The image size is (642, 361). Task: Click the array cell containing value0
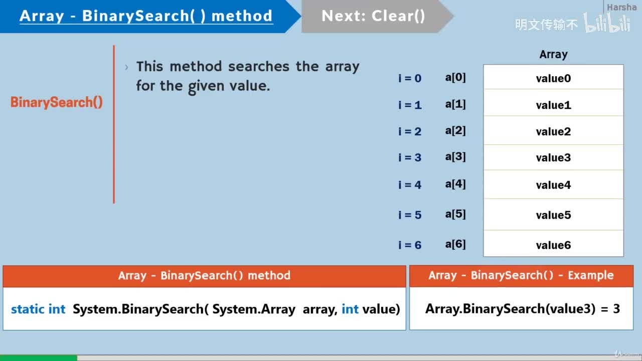click(553, 78)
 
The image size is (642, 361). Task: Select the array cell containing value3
click(553, 158)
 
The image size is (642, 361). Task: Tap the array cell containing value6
click(553, 245)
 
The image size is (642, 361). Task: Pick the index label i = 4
click(410, 185)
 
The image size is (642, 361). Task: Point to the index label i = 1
click(410, 105)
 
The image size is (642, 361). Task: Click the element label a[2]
click(455, 131)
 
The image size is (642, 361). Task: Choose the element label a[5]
click(455, 215)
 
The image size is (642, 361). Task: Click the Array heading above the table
click(553, 55)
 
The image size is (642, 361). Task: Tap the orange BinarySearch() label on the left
click(57, 102)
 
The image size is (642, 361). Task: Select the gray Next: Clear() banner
click(374, 16)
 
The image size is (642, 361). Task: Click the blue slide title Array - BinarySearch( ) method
click(146, 16)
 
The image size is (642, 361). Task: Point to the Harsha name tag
click(621, 8)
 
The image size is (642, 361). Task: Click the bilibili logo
click(607, 24)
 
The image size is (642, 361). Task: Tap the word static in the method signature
click(28, 309)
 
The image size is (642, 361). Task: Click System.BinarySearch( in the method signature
click(140, 309)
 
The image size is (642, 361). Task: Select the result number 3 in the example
click(616, 309)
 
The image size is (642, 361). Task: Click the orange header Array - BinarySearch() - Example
click(521, 275)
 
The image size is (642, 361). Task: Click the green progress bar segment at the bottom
click(38, 358)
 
